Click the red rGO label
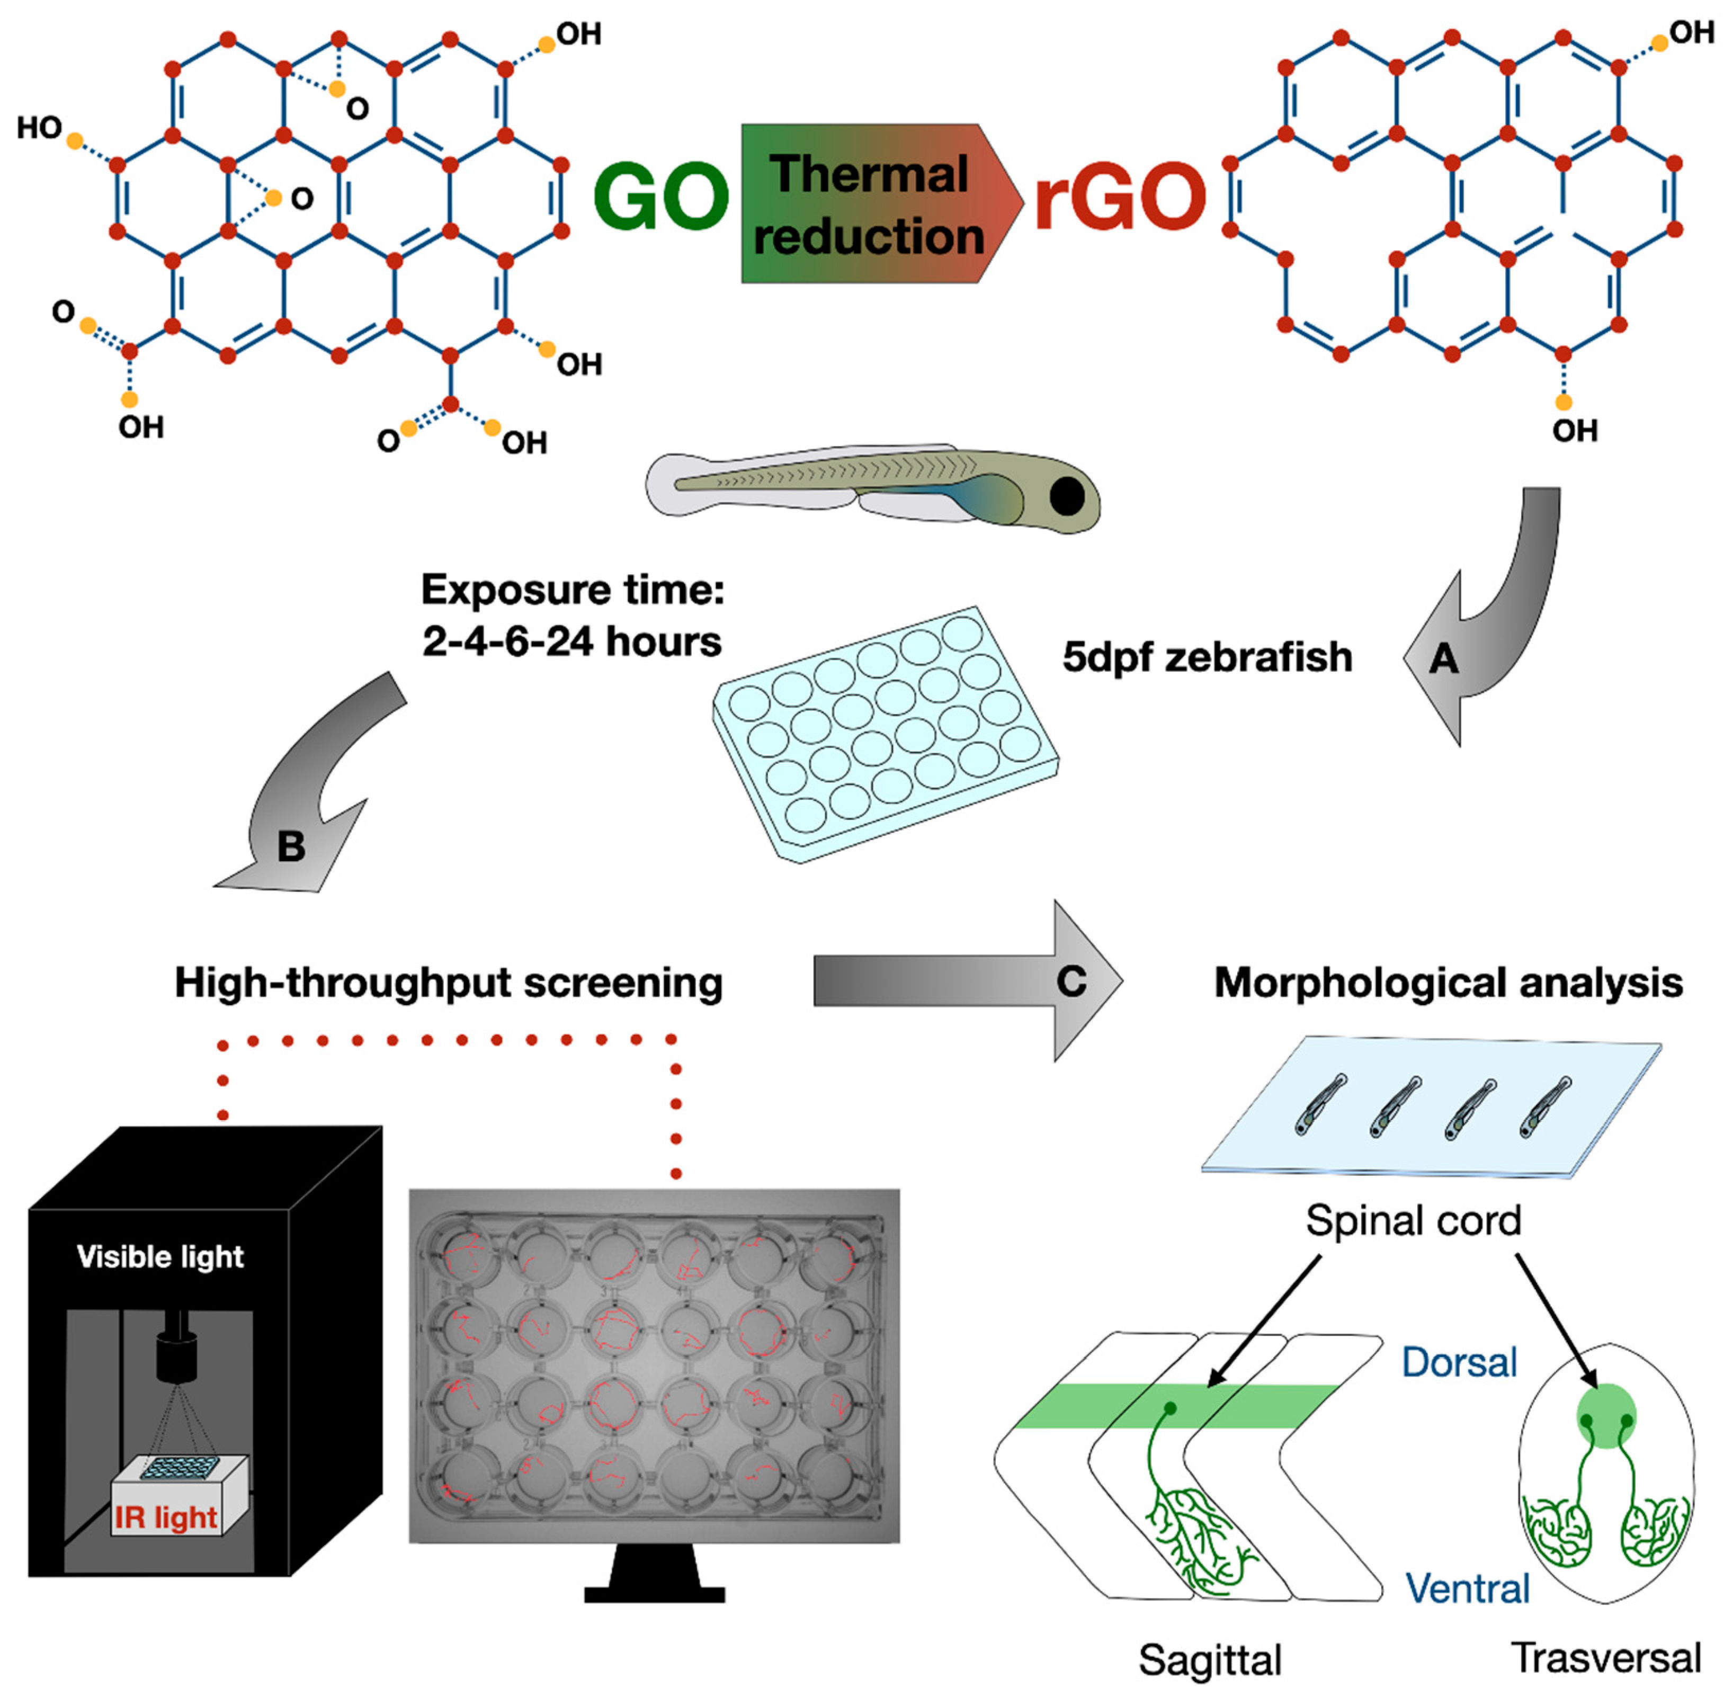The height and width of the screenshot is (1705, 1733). [x=1120, y=197]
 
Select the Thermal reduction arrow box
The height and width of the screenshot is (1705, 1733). [x=869, y=204]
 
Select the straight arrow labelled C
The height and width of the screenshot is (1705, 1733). [x=967, y=980]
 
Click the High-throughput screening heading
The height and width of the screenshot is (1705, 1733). [x=448, y=983]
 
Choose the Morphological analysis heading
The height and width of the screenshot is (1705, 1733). [x=1448, y=983]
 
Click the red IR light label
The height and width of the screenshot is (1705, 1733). [x=166, y=1517]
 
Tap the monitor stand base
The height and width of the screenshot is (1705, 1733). [x=654, y=1594]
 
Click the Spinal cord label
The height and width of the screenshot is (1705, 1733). [x=1413, y=1220]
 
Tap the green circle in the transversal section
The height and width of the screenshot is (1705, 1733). [x=1606, y=1415]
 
